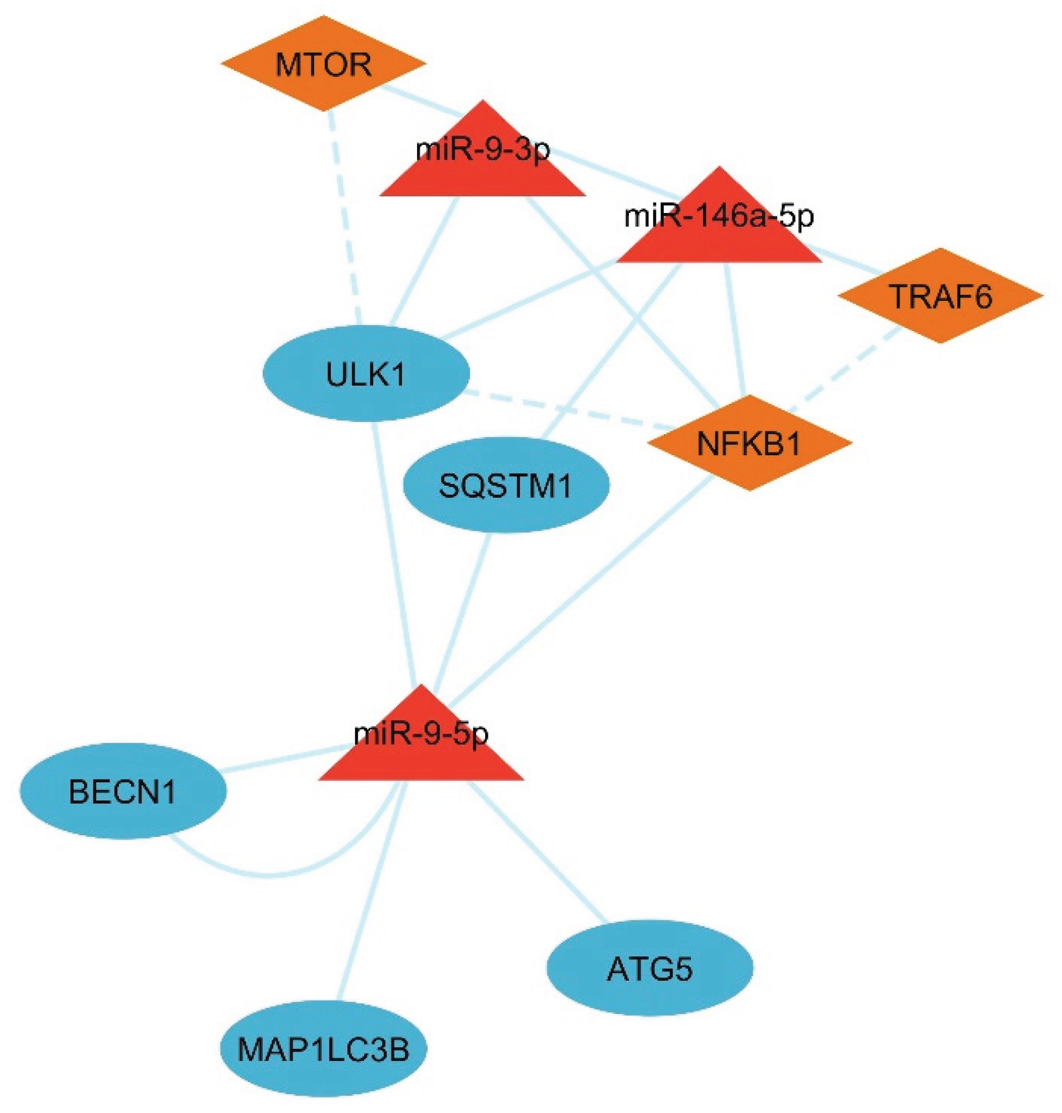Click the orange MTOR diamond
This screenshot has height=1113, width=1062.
[x=322, y=64]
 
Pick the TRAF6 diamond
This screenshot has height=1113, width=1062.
[x=940, y=295]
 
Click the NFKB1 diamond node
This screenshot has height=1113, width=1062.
[x=749, y=443]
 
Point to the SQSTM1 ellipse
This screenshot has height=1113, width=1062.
[x=506, y=485]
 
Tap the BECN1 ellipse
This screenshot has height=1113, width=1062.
[x=123, y=791]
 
